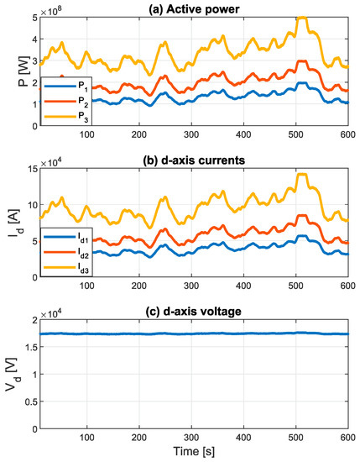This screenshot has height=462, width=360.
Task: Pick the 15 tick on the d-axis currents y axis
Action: tap(29, 171)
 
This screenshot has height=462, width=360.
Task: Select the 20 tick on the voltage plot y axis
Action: tap(29, 322)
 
